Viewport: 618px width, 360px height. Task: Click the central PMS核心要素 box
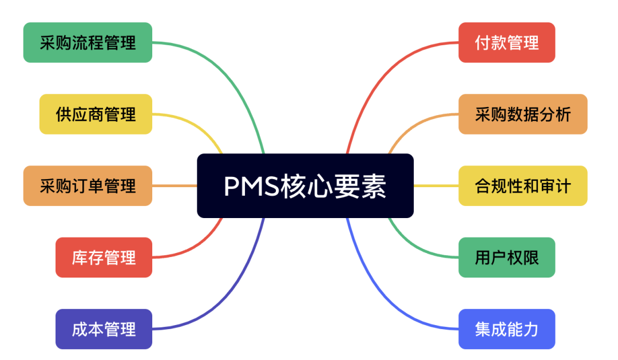pyautogui.click(x=305, y=185)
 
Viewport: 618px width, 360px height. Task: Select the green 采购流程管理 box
pyautogui.click(x=88, y=42)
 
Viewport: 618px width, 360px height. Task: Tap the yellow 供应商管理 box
pyautogui.click(x=96, y=114)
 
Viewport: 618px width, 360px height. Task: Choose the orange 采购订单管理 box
pyautogui.click(x=88, y=185)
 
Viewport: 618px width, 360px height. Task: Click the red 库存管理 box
pyautogui.click(x=104, y=257)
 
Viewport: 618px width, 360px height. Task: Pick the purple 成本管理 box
pyautogui.click(x=104, y=329)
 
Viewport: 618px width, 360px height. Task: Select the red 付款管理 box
pyautogui.click(x=506, y=42)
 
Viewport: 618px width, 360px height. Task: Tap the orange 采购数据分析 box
pyautogui.click(x=522, y=114)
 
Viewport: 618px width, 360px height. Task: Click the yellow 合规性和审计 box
pyautogui.click(x=522, y=185)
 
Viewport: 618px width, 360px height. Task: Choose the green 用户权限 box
pyautogui.click(x=506, y=257)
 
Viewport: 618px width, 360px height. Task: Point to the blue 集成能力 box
pyautogui.click(x=506, y=329)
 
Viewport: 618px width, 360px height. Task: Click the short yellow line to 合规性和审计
pyautogui.click(x=436, y=185)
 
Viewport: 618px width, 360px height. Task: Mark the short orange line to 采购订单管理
pyautogui.click(x=175, y=185)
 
